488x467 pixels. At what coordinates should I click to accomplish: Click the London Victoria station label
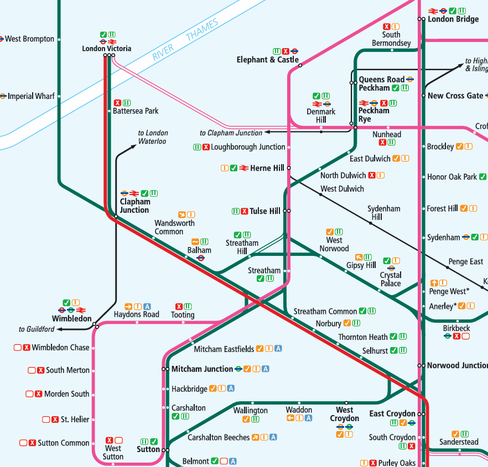(x=107, y=49)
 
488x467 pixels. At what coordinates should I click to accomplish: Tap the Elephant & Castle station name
(x=267, y=60)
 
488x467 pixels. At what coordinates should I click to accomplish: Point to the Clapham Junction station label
(x=134, y=206)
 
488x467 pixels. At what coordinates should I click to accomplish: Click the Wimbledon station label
(x=72, y=318)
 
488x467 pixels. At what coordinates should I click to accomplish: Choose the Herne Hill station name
(x=267, y=168)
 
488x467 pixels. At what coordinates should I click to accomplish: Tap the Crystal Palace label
(x=391, y=279)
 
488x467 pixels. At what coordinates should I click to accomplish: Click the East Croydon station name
(x=392, y=413)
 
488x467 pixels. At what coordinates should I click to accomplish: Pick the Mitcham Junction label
(x=202, y=369)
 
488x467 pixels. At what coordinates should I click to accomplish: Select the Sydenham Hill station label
(x=385, y=213)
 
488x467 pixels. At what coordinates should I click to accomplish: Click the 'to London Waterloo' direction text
(x=153, y=137)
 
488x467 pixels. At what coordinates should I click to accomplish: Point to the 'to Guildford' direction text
(x=37, y=329)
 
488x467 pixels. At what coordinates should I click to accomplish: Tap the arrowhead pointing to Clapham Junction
(x=267, y=133)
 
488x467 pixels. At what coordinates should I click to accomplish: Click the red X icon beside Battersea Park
(x=117, y=102)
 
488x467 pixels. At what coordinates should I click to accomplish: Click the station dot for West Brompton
(x=59, y=39)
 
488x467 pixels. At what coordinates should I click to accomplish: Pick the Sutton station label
(x=148, y=449)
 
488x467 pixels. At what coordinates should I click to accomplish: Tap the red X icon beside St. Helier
(x=55, y=419)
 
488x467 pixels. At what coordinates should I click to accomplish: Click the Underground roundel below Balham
(x=201, y=258)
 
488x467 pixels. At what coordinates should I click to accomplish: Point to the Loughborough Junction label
(x=248, y=147)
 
